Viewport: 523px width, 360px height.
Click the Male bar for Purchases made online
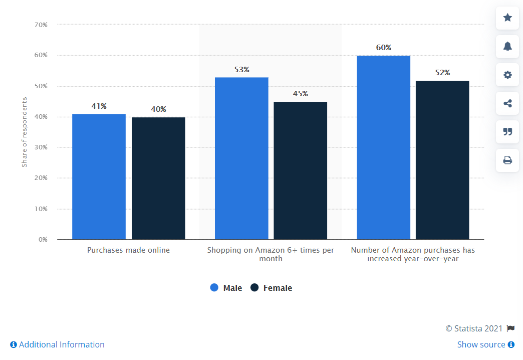click(x=99, y=176)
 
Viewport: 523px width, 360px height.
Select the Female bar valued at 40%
click(x=158, y=178)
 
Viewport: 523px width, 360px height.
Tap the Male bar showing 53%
click(x=241, y=158)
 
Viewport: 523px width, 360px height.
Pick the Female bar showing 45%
click(x=300, y=170)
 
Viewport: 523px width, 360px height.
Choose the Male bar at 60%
click(x=383, y=147)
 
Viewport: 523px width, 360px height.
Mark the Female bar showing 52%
click(x=442, y=160)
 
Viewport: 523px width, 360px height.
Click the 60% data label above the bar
click(x=384, y=48)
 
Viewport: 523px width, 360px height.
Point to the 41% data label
click(x=99, y=106)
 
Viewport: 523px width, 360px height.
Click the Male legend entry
click(x=226, y=288)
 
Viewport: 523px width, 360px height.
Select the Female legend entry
click(x=271, y=288)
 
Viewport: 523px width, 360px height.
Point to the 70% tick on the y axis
click(x=41, y=25)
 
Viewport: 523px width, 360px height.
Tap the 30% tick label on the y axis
click(x=41, y=147)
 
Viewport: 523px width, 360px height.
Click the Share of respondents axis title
click(x=25, y=132)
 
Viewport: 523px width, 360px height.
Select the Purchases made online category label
click(x=128, y=250)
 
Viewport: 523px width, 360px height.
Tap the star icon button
click(x=507, y=18)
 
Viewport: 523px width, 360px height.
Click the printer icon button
click(x=507, y=160)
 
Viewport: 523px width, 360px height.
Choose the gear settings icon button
click(x=507, y=75)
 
